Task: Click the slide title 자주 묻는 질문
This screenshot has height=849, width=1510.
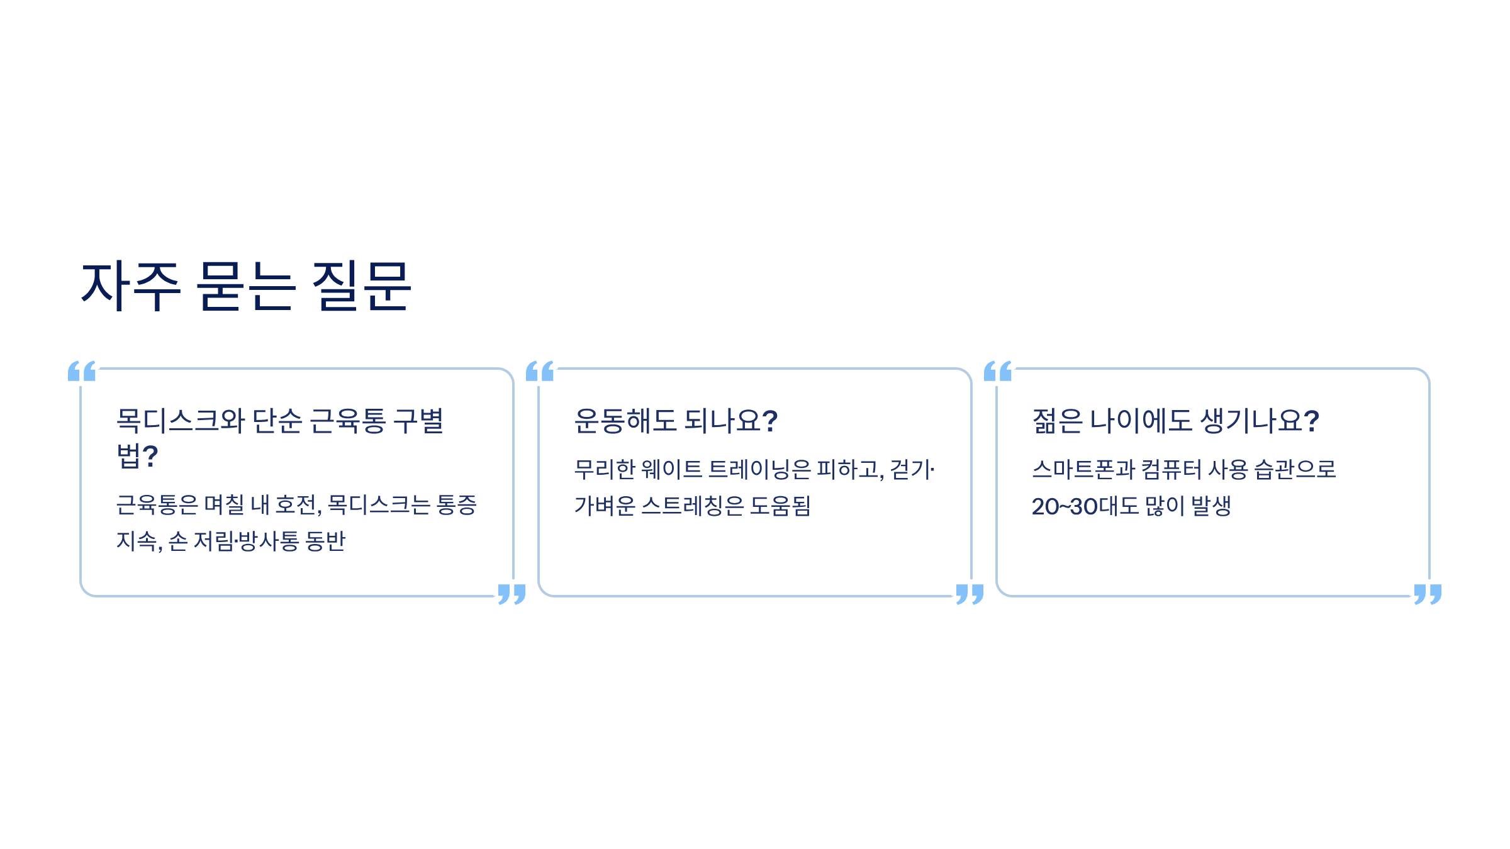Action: pos(246,286)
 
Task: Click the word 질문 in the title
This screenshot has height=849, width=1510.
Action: pos(362,286)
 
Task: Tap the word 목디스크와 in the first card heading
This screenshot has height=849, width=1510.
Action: pos(181,421)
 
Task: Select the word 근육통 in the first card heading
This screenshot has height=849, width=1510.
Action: pos(348,421)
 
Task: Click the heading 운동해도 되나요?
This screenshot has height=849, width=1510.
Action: pos(676,421)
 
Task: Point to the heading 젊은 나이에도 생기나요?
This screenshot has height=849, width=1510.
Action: pos(1175,421)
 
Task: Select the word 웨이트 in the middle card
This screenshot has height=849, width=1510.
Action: pos(671,469)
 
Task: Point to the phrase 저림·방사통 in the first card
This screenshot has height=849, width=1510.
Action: pos(246,541)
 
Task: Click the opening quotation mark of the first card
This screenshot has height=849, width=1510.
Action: pos(82,371)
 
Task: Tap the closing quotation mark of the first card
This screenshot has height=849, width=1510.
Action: pos(512,594)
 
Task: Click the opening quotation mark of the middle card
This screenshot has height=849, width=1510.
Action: pos(540,371)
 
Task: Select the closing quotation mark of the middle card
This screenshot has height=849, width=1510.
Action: pos(970,594)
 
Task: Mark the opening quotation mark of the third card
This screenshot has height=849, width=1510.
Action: pos(998,371)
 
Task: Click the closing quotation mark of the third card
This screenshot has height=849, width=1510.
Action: pos(1428,594)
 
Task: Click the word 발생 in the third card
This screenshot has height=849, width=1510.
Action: pos(1211,506)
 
